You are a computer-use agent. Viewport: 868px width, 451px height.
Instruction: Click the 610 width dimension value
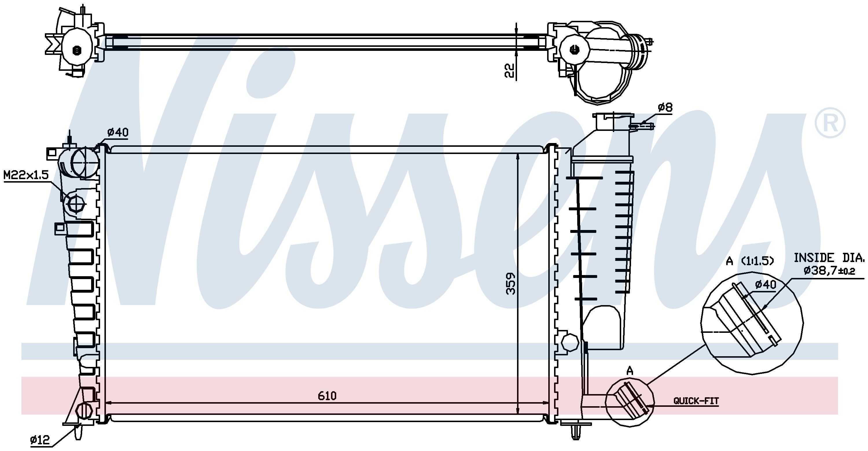[327, 396]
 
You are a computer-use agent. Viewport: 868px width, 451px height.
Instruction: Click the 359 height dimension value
[511, 283]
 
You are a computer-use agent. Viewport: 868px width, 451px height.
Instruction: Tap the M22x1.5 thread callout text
[26, 175]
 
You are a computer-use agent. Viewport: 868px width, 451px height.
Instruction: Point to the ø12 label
[40, 439]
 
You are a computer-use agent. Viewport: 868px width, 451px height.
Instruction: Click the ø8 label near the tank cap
[665, 107]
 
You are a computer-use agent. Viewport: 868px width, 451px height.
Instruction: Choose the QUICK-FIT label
[696, 401]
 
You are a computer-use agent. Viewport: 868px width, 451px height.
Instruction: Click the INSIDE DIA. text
[829, 258]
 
